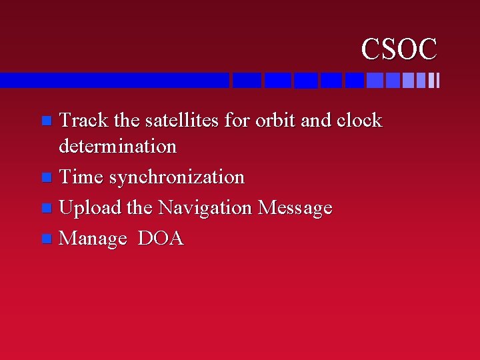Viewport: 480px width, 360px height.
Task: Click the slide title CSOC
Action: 399,49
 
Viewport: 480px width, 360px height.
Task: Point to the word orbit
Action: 275,121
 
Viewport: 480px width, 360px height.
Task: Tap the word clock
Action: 359,121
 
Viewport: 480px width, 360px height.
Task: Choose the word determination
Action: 117,146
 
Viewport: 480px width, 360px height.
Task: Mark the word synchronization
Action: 177,178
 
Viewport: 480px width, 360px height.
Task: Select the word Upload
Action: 90,209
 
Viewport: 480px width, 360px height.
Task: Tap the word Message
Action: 295,209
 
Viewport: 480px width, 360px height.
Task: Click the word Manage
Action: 93,239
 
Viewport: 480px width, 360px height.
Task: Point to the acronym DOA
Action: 160,239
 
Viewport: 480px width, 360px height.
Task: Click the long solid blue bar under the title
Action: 113,81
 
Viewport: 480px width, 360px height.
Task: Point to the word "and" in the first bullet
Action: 315,121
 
